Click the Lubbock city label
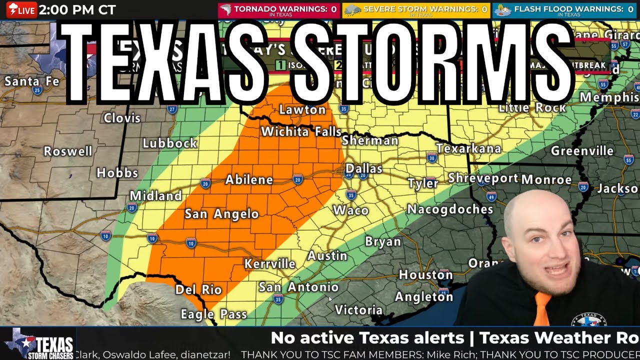(x=169, y=143)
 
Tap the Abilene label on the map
(x=249, y=180)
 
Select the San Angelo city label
(x=221, y=214)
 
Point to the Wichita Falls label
(x=301, y=132)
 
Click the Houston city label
(x=425, y=274)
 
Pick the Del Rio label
(x=198, y=289)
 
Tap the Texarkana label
(x=468, y=148)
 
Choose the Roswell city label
(x=68, y=151)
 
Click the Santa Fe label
(x=31, y=81)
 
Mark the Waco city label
(x=350, y=210)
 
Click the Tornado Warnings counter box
(x=278, y=10)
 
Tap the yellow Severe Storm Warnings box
(x=416, y=10)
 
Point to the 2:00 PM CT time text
(x=77, y=10)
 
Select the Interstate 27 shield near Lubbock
(x=172, y=109)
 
